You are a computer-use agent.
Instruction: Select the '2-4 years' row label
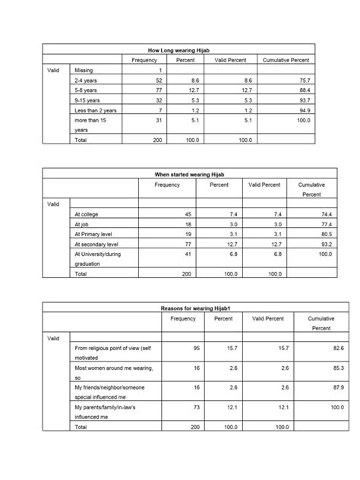coord(84,79)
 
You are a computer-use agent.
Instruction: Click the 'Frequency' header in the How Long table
coord(144,59)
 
